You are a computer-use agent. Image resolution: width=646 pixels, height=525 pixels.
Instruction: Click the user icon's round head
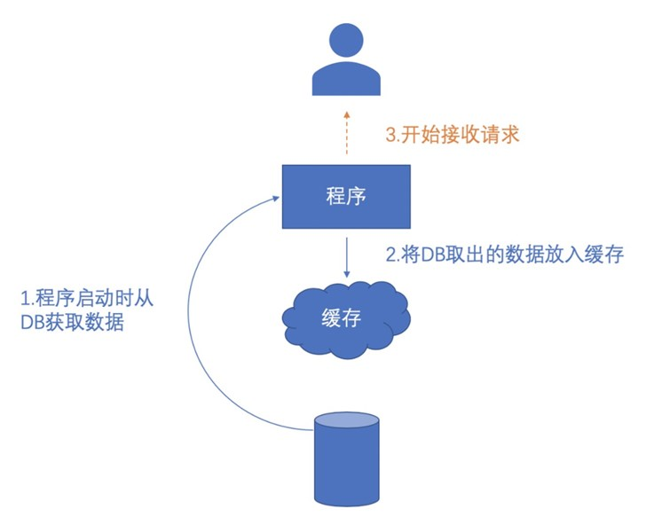click(346, 41)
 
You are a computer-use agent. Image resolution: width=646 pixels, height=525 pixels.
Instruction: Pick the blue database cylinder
click(347, 461)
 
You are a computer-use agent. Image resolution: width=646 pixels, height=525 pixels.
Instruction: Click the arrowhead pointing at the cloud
click(346, 272)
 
